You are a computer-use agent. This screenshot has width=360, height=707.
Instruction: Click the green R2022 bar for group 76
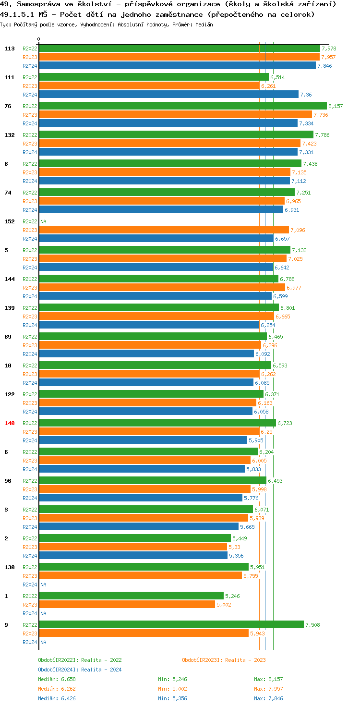pos(182,106)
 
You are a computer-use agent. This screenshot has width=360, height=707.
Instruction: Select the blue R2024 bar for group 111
pos(168,95)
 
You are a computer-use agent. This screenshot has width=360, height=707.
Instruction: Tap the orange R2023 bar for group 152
pos(164,230)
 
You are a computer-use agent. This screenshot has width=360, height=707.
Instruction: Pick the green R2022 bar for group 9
pos(171,624)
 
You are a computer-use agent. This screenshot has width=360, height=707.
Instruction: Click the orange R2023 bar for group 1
pos(127,604)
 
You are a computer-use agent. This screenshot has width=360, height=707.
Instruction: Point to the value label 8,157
pos(336,106)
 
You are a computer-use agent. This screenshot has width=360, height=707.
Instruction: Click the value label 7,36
pos(306,95)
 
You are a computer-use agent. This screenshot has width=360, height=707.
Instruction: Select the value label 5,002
pos(224,605)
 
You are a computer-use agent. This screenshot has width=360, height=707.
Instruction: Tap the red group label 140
pos(10,423)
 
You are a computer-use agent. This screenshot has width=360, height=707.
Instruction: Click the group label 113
pos(10,49)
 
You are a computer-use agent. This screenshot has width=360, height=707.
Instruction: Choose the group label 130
pos(10,567)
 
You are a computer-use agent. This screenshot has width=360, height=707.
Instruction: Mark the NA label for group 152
pos(43,221)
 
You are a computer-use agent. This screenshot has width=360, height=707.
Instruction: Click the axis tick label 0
pos(39,39)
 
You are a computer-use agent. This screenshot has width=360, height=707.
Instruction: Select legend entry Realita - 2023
pos(224,660)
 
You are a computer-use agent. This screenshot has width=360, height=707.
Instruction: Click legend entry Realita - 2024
pos(80,670)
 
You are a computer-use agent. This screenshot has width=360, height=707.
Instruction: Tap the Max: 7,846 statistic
pos(268,698)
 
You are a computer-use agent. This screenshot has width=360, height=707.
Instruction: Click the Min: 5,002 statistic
pos(172,689)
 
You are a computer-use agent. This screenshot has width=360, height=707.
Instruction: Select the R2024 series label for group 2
pos(30,556)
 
